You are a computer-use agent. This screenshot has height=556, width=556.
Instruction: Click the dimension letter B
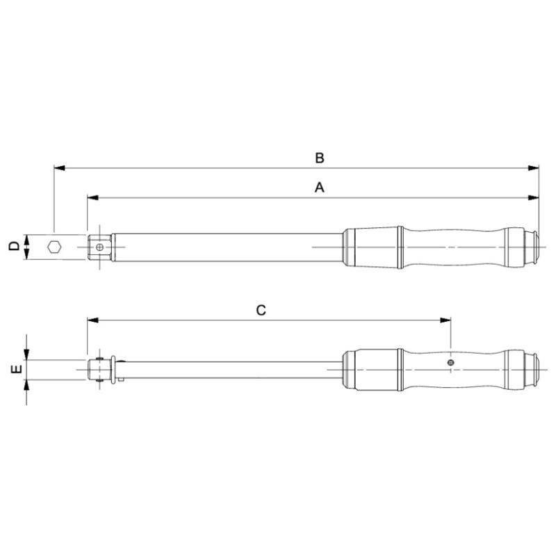click(x=319, y=158)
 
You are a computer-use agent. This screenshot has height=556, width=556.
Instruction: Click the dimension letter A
click(x=319, y=188)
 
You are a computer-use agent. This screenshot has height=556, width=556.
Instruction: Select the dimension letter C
click(x=261, y=310)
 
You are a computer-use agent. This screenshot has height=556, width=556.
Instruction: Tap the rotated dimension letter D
click(x=13, y=246)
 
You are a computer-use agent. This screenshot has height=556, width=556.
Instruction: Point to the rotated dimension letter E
click(x=13, y=370)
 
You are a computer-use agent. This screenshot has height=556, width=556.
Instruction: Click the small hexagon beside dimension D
click(x=54, y=246)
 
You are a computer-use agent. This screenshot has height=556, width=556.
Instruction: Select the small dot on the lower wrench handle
click(x=451, y=363)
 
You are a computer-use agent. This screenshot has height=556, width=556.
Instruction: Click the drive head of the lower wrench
click(x=100, y=368)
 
